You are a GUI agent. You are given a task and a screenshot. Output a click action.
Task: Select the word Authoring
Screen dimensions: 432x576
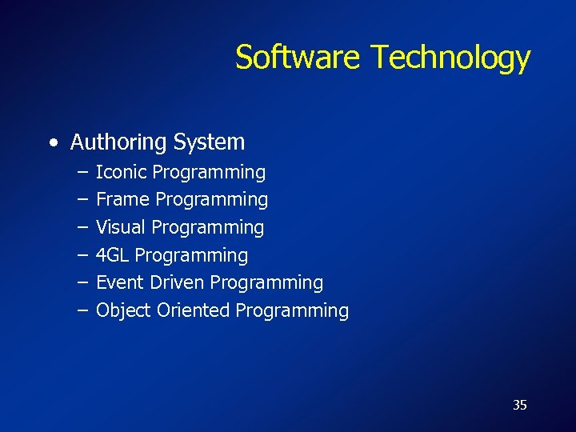coord(118,142)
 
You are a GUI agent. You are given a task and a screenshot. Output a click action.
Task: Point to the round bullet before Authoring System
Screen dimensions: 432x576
coord(53,143)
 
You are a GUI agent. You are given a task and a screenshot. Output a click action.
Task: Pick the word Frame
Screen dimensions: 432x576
coord(123,199)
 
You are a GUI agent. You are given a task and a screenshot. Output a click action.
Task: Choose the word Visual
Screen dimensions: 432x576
coord(121,227)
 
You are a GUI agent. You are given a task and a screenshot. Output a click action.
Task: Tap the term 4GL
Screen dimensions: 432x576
coord(113,255)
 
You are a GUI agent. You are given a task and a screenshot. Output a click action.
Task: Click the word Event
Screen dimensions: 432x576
coord(119,282)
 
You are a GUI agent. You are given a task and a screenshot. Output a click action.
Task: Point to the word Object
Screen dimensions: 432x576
coord(123,310)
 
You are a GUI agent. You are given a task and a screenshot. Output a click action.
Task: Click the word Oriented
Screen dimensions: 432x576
coord(193,310)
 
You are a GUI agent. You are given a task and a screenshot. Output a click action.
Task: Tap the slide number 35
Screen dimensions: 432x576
coord(520,405)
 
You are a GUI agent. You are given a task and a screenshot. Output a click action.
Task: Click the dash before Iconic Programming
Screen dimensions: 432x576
coord(84,173)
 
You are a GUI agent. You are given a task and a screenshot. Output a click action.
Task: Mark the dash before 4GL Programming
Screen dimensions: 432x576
coord(84,256)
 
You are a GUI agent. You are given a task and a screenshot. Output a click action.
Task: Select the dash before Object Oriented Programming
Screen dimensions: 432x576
coord(84,311)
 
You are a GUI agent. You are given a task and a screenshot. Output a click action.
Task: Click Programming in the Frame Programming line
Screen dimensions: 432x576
coord(212,199)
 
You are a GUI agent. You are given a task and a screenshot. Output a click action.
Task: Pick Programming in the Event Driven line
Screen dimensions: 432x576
coord(267,282)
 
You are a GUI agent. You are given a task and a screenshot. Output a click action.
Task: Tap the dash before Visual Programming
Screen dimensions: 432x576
coord(84,228)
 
